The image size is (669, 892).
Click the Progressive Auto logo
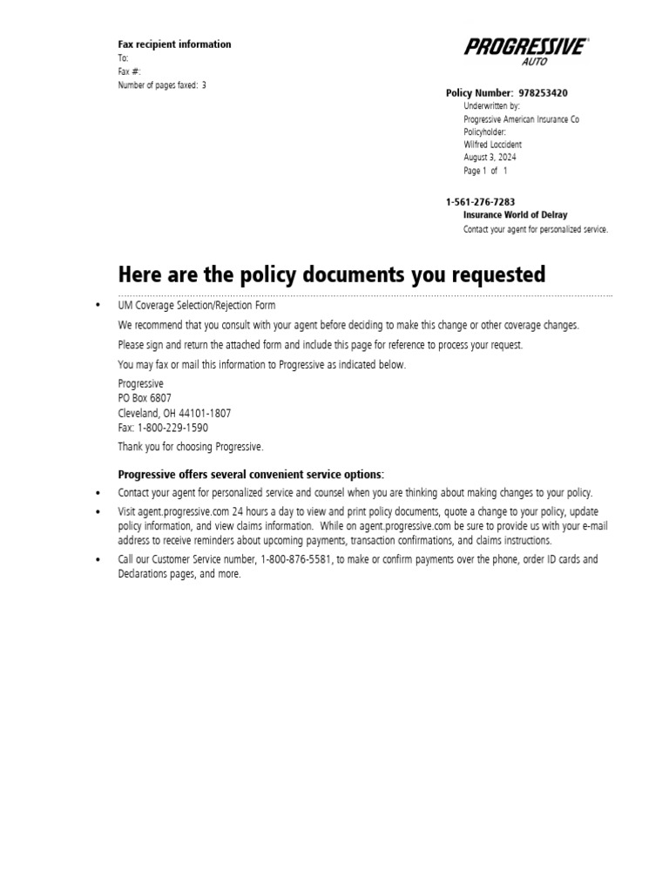coord(525,51)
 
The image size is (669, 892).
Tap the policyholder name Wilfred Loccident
coord(492,145)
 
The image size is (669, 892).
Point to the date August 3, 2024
coord(490,158)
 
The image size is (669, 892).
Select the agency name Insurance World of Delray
coord(515,215)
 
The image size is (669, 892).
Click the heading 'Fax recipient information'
coord(175,44)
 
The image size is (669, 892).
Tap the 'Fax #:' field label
coord(130,71)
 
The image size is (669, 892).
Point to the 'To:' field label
coord(124,58)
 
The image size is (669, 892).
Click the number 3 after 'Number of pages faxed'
coord(204,85)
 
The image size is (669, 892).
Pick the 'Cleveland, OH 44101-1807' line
coord(174,413)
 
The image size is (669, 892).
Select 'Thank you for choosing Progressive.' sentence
coord(190,447)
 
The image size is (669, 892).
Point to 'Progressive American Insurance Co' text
coord(521,119)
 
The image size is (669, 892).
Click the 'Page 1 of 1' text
coord(485,171)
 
